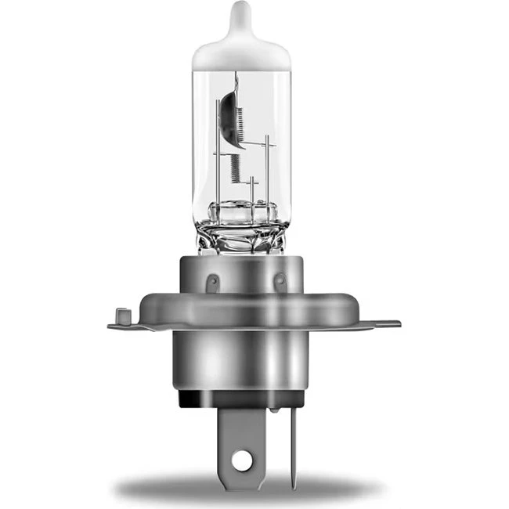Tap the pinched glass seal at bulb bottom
click(x=241, y=227)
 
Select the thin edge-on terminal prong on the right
click(x=293, y=446)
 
